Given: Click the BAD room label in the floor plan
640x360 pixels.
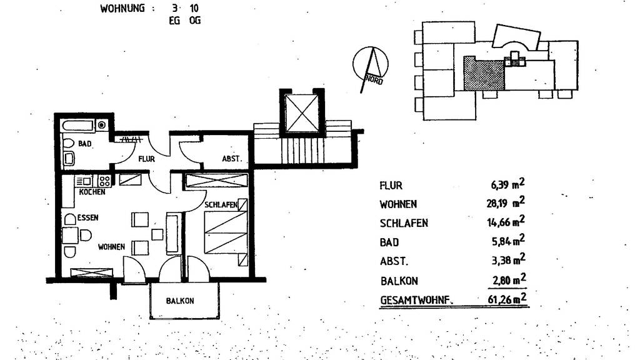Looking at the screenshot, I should pos(85,144).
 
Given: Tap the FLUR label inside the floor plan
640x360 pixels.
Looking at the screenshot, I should pos(146,159).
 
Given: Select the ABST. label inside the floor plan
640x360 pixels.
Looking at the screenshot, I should pos(231,159).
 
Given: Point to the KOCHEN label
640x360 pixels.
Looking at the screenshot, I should pos(92,192).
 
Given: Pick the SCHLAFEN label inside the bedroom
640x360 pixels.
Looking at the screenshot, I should pos(220,205).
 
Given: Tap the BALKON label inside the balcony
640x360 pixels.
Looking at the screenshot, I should pos(180,301).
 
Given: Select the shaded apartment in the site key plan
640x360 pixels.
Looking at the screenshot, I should pos(483,74).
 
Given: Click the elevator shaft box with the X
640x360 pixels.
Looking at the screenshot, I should pos(301,112).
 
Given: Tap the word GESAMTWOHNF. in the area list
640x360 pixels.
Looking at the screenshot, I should pos(416,301).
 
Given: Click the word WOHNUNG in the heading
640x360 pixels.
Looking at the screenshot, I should pos(122,9).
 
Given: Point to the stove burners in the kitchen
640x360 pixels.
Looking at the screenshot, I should pos(104,181).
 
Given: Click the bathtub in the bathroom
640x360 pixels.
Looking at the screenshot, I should pos(84,125).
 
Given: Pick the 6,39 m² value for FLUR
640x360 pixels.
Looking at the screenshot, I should pos(506,185).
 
